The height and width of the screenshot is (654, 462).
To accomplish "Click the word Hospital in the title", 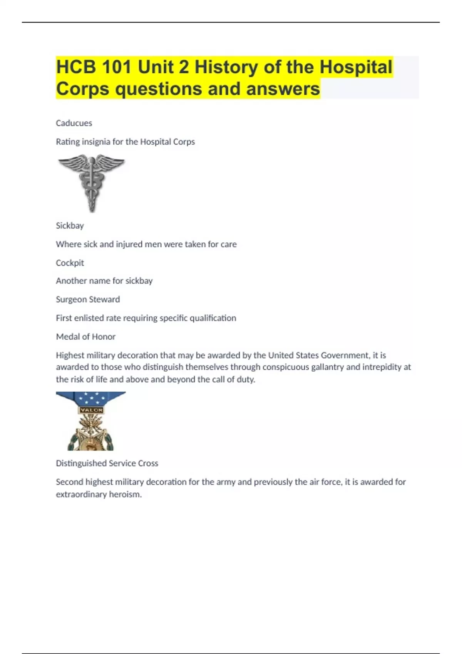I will click(356, 67).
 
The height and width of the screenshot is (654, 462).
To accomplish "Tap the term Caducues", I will click(74, 123).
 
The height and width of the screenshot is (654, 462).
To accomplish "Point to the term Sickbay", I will click(70, 225).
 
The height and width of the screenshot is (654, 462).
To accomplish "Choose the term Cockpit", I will click(70, 263).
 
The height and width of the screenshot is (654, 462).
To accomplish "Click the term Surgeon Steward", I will click(88, 299).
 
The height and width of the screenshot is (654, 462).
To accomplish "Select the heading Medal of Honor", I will click(85, 337).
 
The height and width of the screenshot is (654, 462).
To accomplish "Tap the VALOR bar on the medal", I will click(91, 410).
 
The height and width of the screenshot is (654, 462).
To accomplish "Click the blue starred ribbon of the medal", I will click(91, 398).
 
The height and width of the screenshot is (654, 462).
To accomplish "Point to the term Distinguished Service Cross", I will click(107, 463).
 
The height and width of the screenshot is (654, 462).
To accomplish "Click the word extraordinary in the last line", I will click(80, 494).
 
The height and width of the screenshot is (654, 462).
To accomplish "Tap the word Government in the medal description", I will click(345, 355).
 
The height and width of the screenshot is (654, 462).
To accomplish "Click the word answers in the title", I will click(283, 89).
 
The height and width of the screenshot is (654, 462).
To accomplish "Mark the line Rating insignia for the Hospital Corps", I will click(125, 142).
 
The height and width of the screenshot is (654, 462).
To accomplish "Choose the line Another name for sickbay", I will click(104, 281).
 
